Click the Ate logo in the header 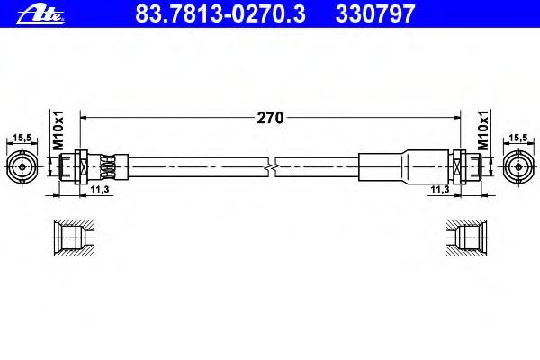point(40,15)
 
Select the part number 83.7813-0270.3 point(220,14)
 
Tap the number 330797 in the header point(375,14)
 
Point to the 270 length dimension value point(270,118)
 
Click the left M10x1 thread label point(58,130)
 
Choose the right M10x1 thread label point(483,130)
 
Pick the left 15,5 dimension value point(22,138)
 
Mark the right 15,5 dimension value point(518,138)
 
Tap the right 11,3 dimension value point(440,189)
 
